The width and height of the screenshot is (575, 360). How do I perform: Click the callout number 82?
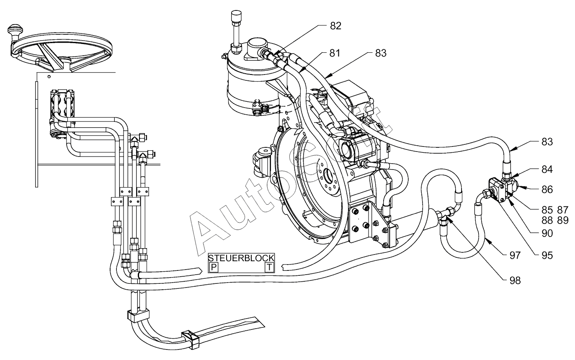tap(335, 26)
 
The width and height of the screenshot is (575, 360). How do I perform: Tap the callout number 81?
tap(335, 53)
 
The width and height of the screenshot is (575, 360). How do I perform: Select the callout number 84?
tap(547, 170)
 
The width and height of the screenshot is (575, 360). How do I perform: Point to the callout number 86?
tap(547, 190)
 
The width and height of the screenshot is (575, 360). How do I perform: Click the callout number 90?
tap(547, 234)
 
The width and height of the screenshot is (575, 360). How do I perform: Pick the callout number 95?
tap(547, 256)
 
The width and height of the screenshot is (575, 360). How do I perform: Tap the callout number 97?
tap(515, 256)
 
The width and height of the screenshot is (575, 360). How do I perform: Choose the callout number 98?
tap(515, 281)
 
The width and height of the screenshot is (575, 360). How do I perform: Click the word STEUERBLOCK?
tap(241, 258)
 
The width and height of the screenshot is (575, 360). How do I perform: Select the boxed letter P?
tap(214, 267)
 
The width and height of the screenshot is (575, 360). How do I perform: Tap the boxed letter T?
tap(269, 267)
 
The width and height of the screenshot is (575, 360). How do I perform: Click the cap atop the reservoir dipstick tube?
tap(236, 16)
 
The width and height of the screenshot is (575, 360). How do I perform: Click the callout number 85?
tap(547, 210)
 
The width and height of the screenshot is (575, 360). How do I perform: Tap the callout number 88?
tap(547, 221)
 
